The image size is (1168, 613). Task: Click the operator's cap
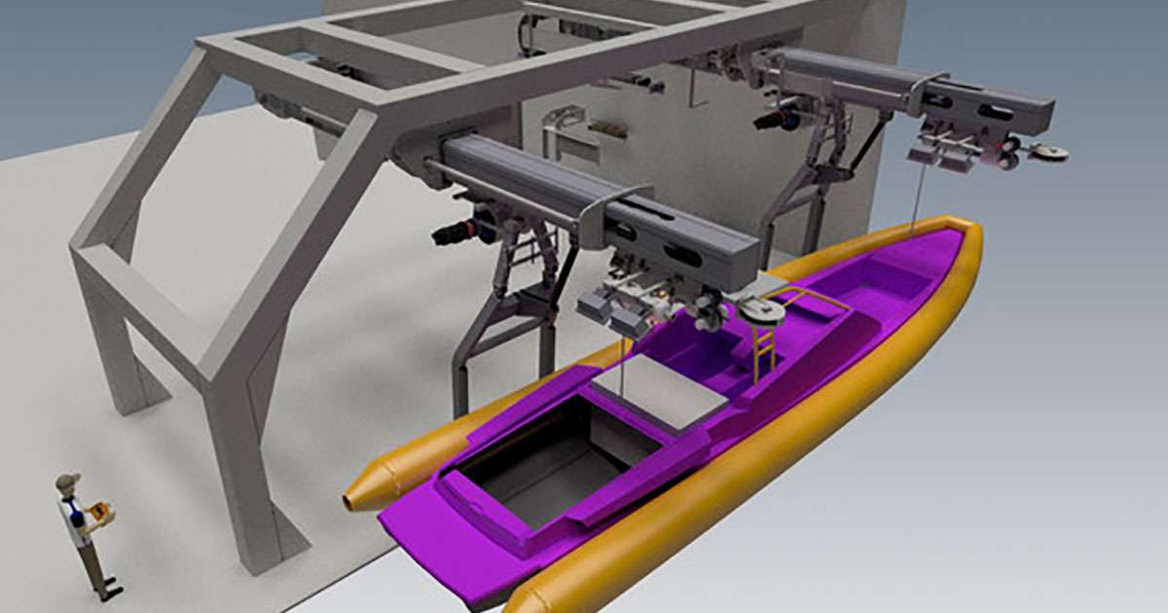click(67, 481)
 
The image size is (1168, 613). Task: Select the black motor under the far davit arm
click(773, 121)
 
